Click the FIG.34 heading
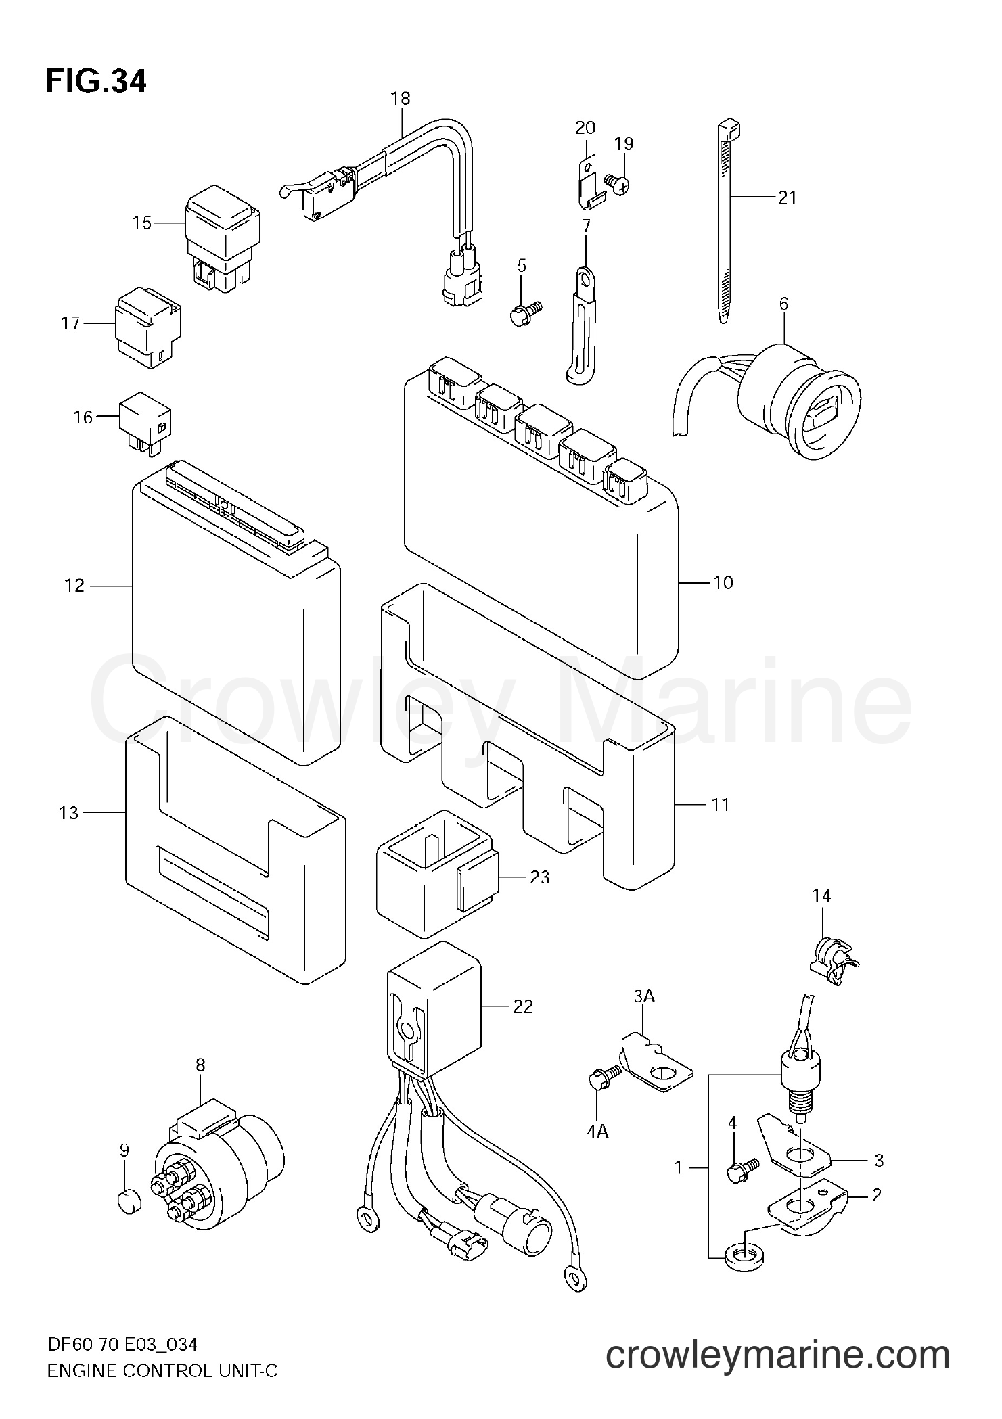(x=95, y=82)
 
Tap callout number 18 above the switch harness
(x=401, y=99)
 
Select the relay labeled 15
(x=221, y=240)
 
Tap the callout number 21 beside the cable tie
(x=787, y=198)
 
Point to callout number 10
(x=723, y=582)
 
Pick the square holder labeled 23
(x=438, y=875)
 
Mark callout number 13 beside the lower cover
(x=69, y=812)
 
